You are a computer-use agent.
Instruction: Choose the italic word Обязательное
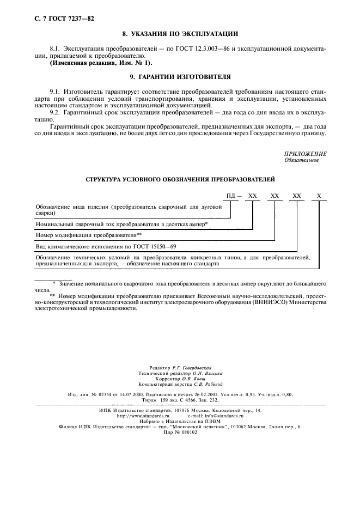tap(301, 160)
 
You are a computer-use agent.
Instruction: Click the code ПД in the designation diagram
tap(230, 195)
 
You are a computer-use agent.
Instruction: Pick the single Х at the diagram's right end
tap(319, 195)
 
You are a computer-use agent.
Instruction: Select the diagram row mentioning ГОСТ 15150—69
tap(98, 246)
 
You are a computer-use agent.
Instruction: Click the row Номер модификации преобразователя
tap(88, 235)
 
